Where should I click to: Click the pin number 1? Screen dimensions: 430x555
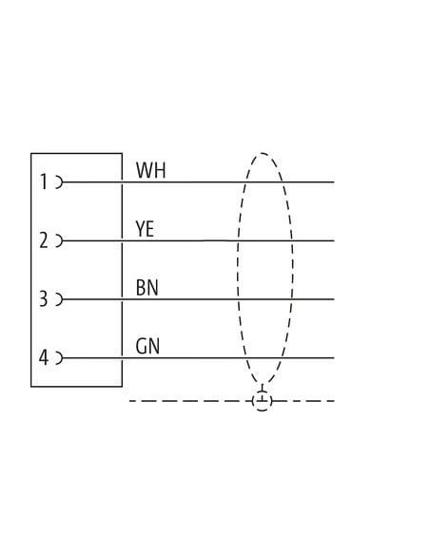(x=44, y=182)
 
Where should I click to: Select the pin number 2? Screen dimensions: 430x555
(x=43, y=240)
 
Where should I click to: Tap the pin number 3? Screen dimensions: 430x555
(x=43, y=298)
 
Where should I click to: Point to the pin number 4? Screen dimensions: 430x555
(x=43, y=357)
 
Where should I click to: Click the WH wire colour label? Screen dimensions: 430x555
(x=150, y=170)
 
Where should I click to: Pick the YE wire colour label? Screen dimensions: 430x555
(x=145, y=229)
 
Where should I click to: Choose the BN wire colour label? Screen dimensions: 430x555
(x=147, y=287)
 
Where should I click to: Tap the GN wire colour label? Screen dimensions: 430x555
(x=147, y=346)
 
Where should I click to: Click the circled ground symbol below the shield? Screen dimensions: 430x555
(x=263, y=401)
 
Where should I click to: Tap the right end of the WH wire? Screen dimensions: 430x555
(x=334, y=182)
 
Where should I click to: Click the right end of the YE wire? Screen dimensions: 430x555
(x=334, y=240)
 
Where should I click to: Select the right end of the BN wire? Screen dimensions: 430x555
(x=334, y=299)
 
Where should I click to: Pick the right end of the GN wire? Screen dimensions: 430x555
(x=334, y=358)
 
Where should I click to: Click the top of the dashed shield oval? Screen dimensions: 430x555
(x=263, y=153)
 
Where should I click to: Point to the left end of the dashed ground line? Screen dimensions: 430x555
(x=130, y=401)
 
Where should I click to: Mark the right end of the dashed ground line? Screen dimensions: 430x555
(x=334, y=401)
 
